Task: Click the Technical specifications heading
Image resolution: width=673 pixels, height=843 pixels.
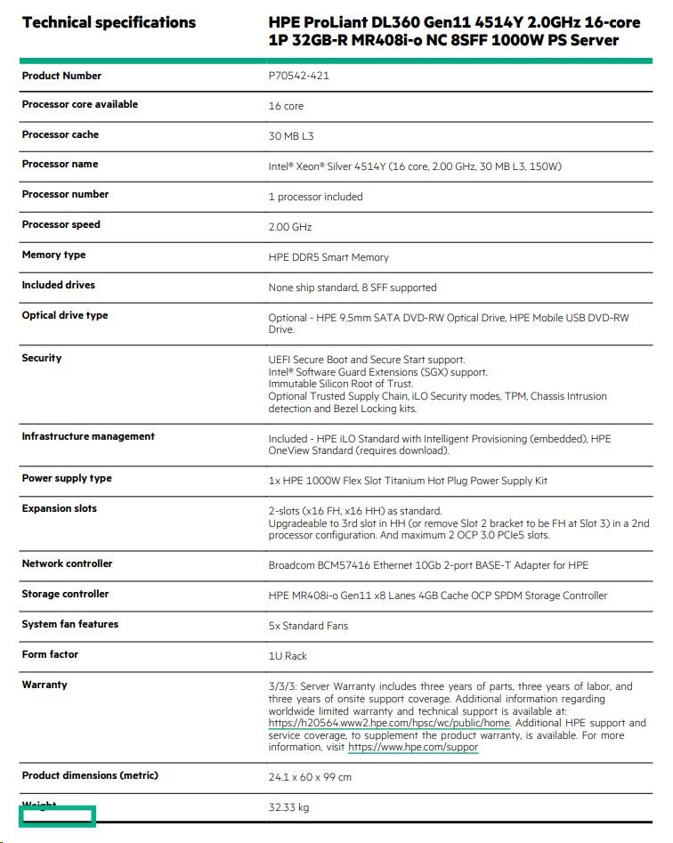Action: [109, 22]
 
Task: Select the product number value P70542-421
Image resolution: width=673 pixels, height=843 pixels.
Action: [299, 77]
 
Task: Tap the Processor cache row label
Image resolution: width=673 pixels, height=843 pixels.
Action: [61, 134]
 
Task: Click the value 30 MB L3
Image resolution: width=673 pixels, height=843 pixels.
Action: [291, 136]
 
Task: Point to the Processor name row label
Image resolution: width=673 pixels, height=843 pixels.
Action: [60, 164]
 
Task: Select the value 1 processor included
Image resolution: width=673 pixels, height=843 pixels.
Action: [315, 197]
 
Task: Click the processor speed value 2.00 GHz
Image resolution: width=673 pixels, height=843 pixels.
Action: [290, 227]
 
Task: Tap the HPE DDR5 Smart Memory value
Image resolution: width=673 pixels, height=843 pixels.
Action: [328, 257]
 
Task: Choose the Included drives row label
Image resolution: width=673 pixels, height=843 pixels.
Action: [58, 285]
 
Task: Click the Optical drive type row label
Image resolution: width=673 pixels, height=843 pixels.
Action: [65, 315]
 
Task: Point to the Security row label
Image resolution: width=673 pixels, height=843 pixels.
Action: [42, 358]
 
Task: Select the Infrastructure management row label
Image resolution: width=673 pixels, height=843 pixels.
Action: [88, 436]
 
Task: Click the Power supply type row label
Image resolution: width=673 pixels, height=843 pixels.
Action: [67, 478]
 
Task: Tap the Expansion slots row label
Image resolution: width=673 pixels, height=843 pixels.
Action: [60, 508]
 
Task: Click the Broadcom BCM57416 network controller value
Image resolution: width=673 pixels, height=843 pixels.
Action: [428, 565]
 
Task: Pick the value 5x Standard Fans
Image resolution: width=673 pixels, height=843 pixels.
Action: [308, 626]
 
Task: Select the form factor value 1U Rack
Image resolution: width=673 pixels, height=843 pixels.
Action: [288, 656]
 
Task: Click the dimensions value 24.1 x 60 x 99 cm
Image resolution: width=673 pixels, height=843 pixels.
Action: [310, 777]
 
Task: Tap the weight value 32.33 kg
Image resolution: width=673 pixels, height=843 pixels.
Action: [288, 807]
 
